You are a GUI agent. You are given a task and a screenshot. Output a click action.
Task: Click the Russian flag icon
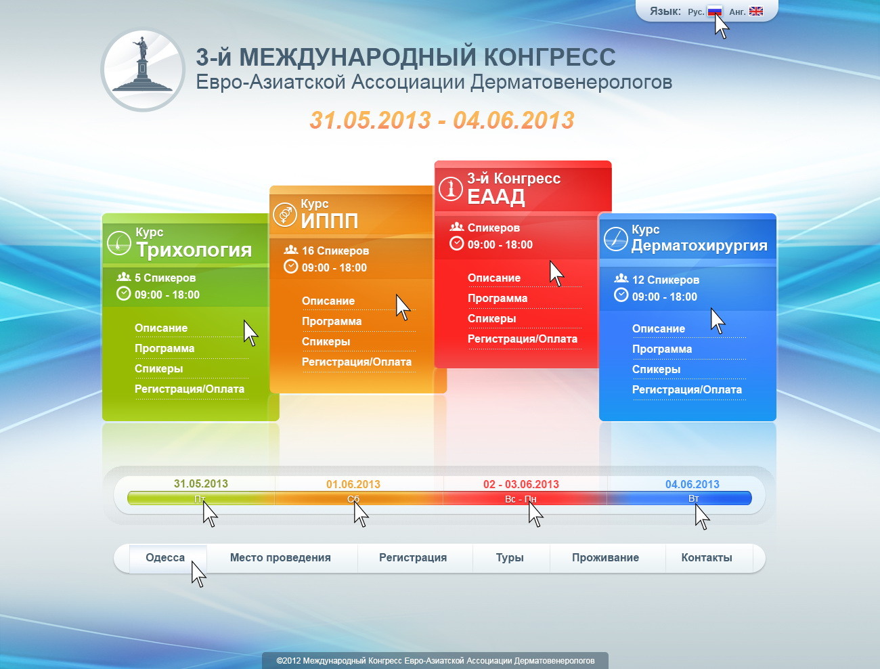click(715, 12)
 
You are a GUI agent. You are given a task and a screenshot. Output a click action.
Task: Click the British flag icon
click(756, 12)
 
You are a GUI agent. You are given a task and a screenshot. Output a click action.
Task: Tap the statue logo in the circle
click(143, 69)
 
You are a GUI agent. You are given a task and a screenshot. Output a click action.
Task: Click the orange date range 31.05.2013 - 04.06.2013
click(442, 120)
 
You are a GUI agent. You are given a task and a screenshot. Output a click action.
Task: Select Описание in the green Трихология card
click(161, 328)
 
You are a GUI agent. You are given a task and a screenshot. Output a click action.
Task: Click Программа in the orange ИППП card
click(332, 321)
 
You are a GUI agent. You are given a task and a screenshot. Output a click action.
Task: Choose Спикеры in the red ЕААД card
click(491, 319)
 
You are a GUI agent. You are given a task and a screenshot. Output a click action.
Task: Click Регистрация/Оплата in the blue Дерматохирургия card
click(687, 389)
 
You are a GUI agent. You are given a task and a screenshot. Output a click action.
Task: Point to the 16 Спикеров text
click(335, 251)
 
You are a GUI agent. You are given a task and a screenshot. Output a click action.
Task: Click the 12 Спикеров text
click(665, 280)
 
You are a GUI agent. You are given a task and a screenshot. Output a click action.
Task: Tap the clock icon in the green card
click(123, 294)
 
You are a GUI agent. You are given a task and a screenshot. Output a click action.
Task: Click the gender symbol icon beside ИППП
click(285, 214)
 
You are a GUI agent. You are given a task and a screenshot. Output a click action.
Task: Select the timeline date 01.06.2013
click(353, 484)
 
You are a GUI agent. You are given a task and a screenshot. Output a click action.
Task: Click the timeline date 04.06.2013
click(692, 484)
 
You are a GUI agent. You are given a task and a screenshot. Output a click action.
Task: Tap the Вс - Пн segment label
click(521, 499)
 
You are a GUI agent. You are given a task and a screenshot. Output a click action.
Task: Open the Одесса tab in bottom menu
click(165, 557)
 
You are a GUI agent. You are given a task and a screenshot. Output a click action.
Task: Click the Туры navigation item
click(510, 557)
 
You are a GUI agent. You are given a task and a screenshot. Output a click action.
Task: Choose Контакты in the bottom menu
click(707, 557)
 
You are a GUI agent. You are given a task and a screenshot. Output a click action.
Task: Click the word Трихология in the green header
click(194, 250)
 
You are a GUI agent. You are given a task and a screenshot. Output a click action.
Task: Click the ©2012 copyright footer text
click(435, 661)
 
